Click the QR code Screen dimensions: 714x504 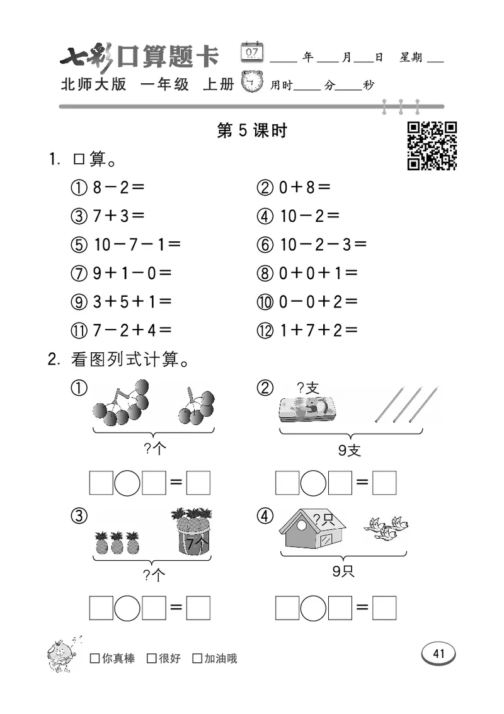pyautogui.click(x=432, y=146)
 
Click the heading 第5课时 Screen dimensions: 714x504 pyautogui.click(x=251, y=130)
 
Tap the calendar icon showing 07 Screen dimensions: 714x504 pyautogui.click(x=252, y=53)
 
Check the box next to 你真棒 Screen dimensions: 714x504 pyautogui.click(x=94, y=659)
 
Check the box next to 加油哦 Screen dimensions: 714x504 pyautogui.click(x=197, y=659)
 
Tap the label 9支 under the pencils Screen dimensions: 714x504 pyautogui.click(x=350, y=451)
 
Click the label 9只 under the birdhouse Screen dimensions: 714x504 pyautogui.click(x=344, y=572)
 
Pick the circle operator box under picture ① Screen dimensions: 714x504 pyautogui.click(x=128, y=483)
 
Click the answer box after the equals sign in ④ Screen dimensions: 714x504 pyautogui.click(x=384, y=607)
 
